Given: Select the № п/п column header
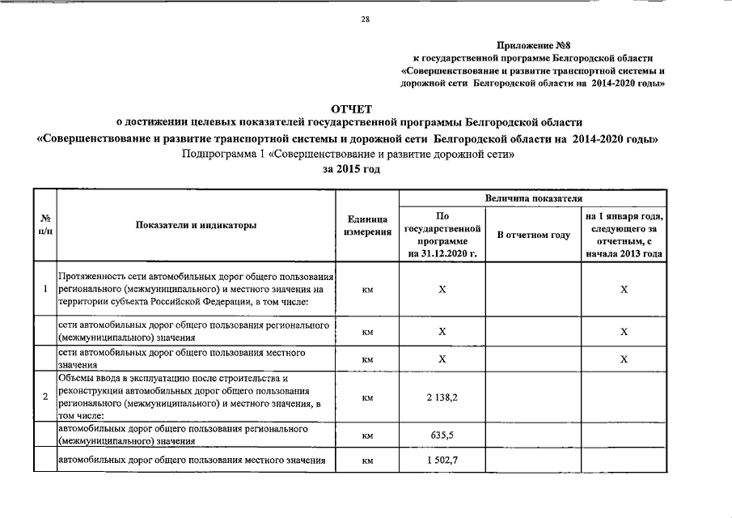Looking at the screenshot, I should (x=44, y=226).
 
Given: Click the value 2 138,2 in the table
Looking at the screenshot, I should (x=442, y=397).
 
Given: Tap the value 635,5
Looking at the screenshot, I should (x=442, y=435).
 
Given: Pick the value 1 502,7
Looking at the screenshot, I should (x=442, y=461).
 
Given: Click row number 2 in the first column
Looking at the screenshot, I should (x=44, y=397).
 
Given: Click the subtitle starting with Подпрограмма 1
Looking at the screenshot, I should (x=348, y=154).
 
